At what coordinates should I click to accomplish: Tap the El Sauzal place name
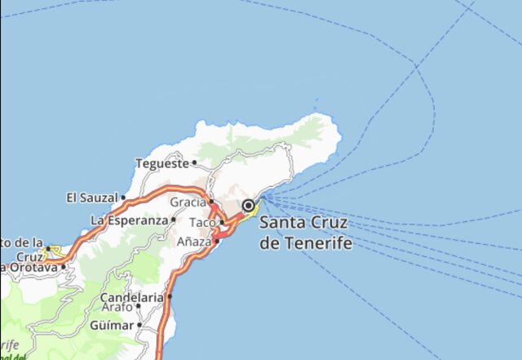(x=92, y=198)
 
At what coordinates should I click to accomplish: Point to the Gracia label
(x=188, y=202)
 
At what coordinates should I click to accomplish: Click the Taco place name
(x=202, y=222)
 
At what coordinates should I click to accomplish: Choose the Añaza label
(x=194, y=242)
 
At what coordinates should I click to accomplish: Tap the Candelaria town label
(x=131, y=297)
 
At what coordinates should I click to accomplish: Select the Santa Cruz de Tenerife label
(x=305, y=233)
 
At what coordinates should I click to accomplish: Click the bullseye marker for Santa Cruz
(x=248, y=207)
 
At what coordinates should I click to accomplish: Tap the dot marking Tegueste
(x=194, y=163)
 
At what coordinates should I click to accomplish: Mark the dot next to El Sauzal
(x=123, y=198)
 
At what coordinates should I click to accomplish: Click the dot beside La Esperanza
(x=174, y=220)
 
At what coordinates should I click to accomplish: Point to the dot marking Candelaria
(x=170, y=297)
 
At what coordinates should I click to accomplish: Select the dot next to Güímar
(x=139, y=325)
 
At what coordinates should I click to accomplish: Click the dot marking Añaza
(x=217, y=241)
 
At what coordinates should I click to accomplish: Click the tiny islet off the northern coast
(x=317, y=102)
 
